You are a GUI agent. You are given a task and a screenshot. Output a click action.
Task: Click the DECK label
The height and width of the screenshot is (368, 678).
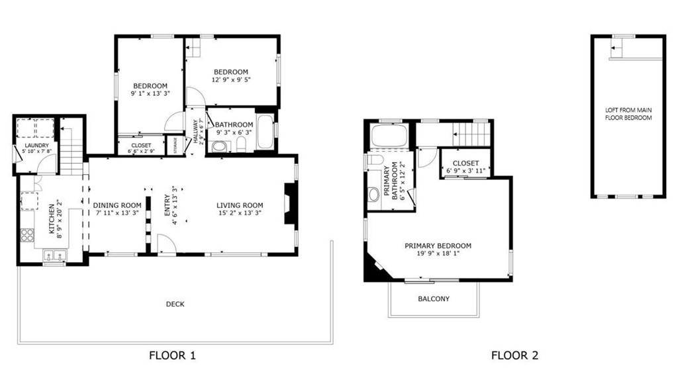coord(175,304)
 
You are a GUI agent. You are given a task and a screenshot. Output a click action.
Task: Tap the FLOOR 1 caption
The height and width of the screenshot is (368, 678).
coord(172,355)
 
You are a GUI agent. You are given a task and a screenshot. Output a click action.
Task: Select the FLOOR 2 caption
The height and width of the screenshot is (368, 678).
coord(514,355)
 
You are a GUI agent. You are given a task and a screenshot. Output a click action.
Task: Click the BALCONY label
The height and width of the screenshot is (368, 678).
coord(434,299)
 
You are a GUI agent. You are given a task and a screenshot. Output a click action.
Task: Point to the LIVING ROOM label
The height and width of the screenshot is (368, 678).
coord(240,205)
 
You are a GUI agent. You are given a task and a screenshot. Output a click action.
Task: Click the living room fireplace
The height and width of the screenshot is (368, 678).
coord(289,204)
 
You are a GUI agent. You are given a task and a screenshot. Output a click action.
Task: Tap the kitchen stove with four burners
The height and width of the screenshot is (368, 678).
coord(27,235)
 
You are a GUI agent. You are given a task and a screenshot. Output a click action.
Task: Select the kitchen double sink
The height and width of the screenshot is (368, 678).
coord(54,256)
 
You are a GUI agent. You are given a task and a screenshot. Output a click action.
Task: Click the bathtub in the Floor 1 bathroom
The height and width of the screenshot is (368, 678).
coord(265,132)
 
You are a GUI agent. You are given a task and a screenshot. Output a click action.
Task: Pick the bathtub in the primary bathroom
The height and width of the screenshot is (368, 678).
coord(389,135)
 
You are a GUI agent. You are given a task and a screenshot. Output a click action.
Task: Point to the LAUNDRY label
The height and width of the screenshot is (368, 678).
coord(37,146)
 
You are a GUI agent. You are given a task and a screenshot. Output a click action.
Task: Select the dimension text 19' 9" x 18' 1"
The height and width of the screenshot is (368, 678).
coord(438,253)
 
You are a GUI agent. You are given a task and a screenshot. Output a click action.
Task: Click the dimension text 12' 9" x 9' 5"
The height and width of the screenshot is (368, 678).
coord(231,79)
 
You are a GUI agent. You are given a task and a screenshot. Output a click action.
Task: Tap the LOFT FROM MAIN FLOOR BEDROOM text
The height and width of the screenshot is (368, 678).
coord(628,114)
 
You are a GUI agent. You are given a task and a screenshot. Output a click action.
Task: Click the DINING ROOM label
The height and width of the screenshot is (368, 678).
coord(117,205)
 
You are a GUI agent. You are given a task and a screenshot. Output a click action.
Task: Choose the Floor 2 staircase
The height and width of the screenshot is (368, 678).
coord(471,134)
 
